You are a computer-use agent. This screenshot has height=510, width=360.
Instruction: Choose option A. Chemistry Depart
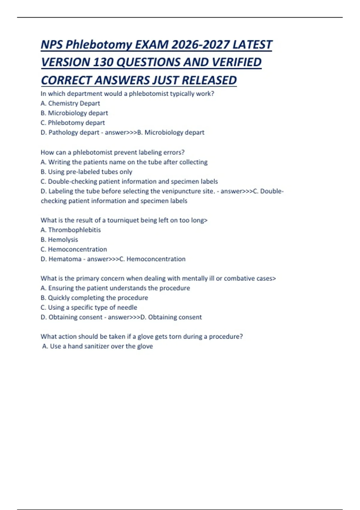(70, 103)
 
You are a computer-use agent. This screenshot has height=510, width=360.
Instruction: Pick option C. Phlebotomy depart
(73, 123)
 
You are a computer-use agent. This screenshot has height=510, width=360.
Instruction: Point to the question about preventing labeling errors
(112, 152)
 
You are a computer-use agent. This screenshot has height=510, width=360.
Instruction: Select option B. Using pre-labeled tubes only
(86, 172)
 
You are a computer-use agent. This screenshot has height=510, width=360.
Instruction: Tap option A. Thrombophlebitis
(70, 230)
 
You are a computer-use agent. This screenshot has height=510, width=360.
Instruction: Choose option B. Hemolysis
(59, 240)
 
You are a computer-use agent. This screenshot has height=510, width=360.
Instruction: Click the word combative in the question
(239, 278)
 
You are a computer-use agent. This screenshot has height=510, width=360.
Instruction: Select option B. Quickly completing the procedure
(94, 298)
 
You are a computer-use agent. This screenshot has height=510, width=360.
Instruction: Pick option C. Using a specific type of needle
(89, 307)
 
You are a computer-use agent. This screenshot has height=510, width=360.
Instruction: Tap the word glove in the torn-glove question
(145, 337)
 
